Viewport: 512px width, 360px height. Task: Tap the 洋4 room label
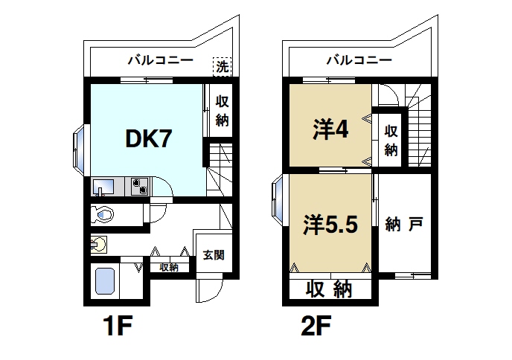pyautogui.click(x=330, y=130)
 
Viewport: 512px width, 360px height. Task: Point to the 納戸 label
pyautogui.click(x=406, y=224)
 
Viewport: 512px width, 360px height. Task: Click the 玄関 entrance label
pyautogui.click(x=212, y=254)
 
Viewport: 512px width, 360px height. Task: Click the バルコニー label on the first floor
pyautogui.click(x=160, y=60)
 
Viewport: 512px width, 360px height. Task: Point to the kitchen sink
pyautogui.click(x=103, y=187)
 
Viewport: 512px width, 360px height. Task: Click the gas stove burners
pyautogui.click(x=138, y=186)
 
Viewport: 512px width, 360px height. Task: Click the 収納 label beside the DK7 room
pyautogui.click(x=222, y=111)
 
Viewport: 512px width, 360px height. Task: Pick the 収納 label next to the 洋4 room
pyautogui.click(x=391, y=139)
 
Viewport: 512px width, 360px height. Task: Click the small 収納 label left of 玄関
pyautogui.click(x=168, y=267)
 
